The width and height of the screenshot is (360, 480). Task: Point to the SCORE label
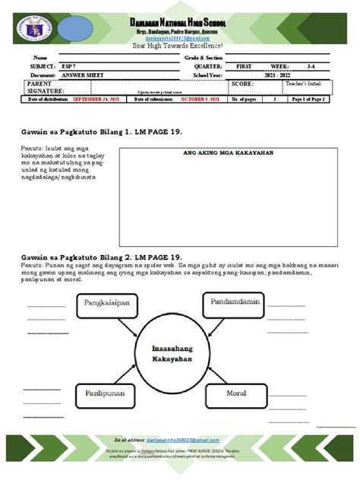[x=242, y=84]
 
